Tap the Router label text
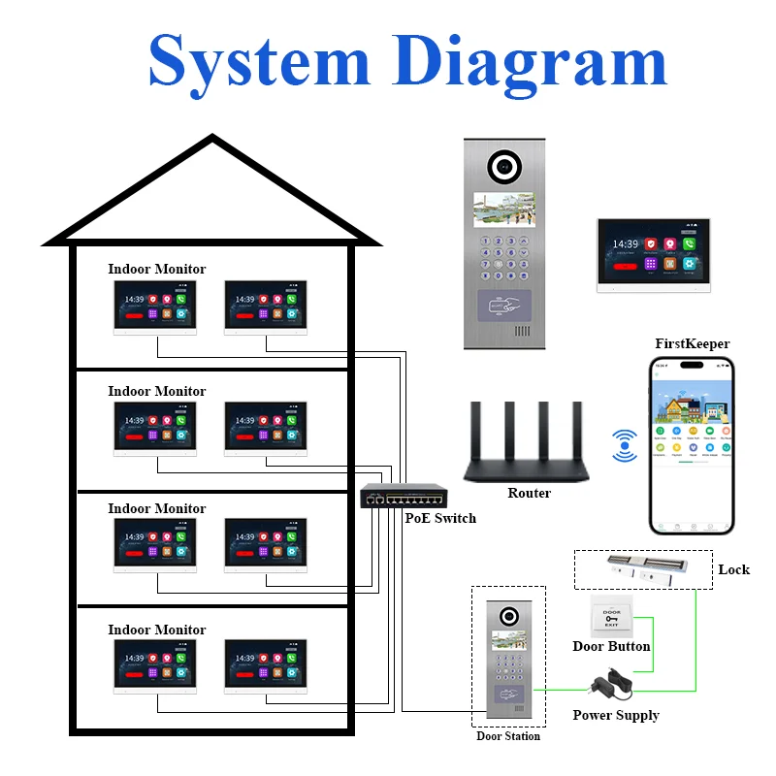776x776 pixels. [529, 494]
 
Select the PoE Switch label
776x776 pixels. [440, 518]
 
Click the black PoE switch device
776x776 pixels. [403, 497]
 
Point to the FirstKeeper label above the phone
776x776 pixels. [693, 343]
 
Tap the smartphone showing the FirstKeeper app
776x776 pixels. [692, 445]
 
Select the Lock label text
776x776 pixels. [733, 569]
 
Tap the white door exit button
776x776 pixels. [611, 617]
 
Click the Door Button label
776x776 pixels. [611, 646]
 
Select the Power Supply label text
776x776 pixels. [616, 716]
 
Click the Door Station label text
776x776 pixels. [508, 736]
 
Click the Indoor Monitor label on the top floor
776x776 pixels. [157, 269]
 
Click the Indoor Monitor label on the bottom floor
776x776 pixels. [157, 630]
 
